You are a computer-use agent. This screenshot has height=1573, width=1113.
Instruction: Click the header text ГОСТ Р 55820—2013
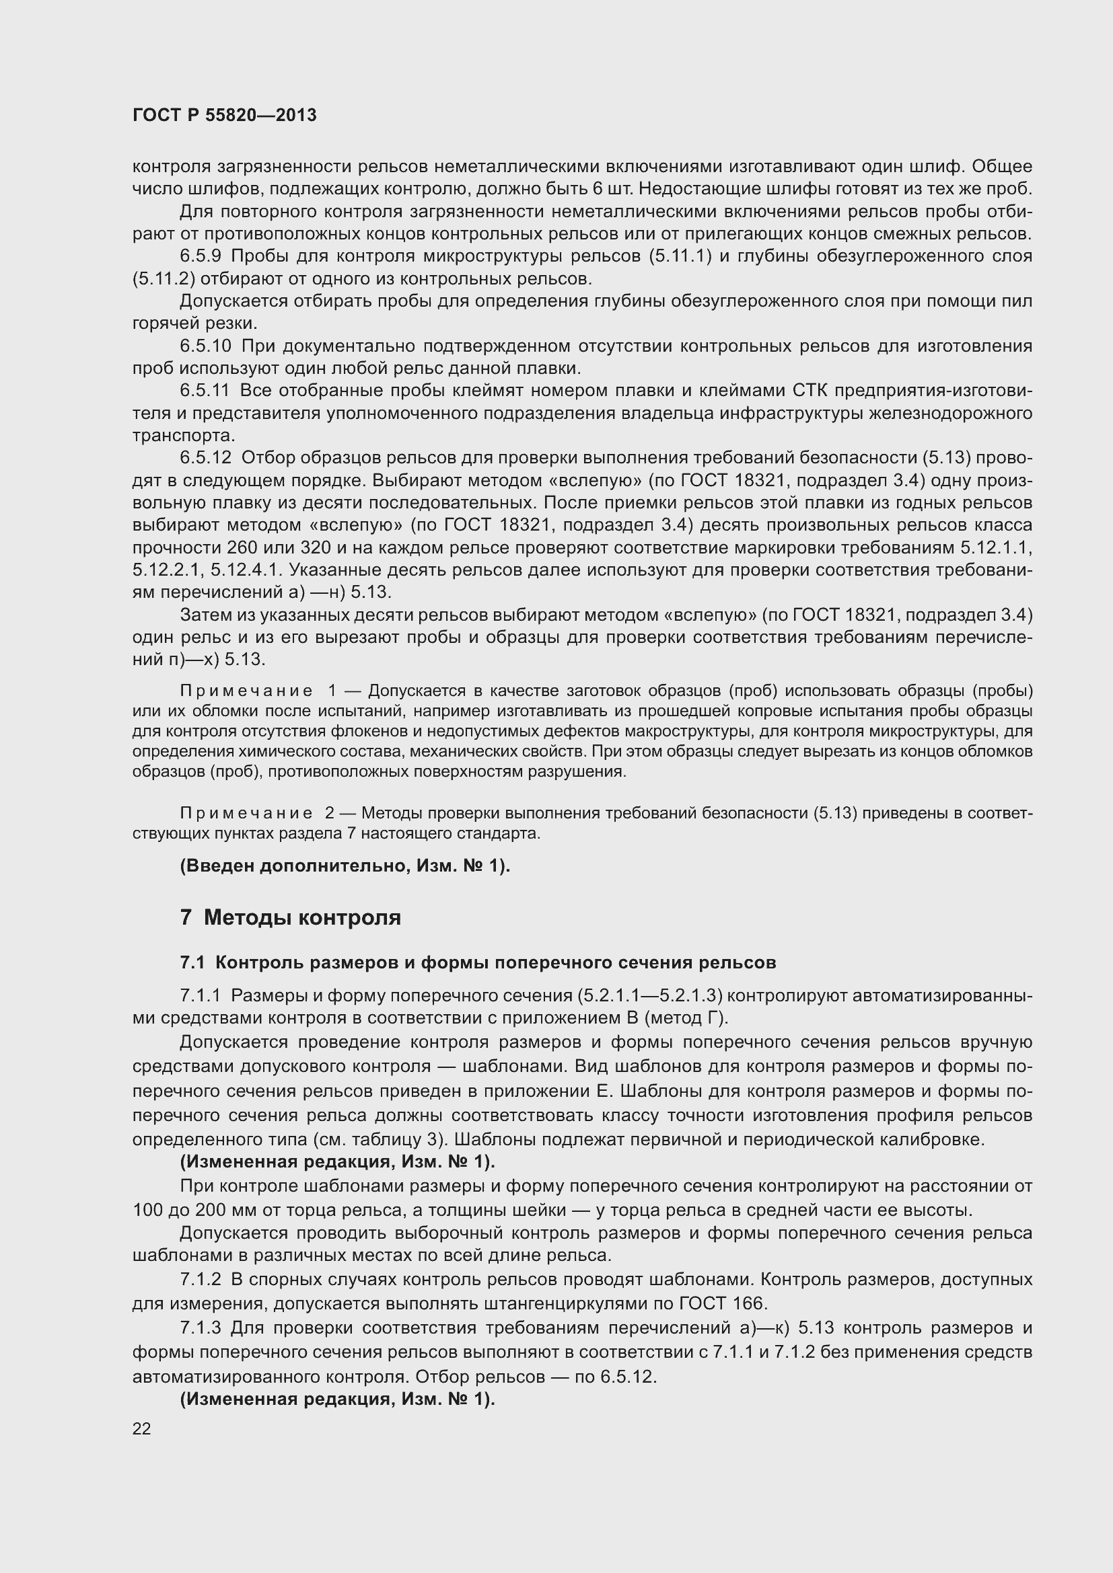224,115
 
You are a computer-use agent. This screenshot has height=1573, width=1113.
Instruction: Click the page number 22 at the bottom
141,1428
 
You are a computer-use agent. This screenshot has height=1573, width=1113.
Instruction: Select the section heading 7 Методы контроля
290,917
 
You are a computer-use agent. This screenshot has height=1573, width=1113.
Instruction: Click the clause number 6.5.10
206,346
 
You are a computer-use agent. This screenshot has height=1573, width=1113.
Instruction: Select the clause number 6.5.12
206,458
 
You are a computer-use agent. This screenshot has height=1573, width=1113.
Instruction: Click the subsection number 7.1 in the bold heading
192,962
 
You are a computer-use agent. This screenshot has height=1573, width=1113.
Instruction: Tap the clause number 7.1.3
200,1328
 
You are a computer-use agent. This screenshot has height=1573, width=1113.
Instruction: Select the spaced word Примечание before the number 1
246,691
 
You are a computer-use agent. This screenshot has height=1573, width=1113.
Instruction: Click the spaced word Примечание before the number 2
246,813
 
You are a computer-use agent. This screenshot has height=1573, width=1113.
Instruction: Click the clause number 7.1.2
200,1280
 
